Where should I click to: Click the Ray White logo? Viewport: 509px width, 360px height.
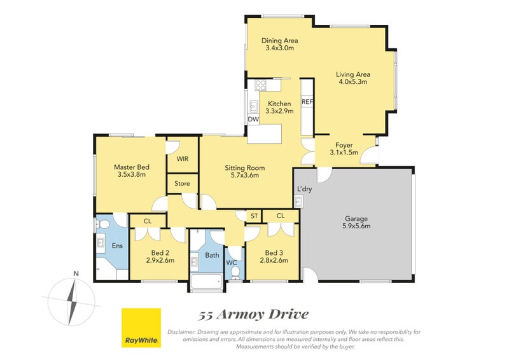click(141, 328)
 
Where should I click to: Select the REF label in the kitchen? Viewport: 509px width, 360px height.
click(307, 102)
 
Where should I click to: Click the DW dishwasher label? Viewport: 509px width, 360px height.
click(253, 119)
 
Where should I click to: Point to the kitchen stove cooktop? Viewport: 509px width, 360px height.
click(261, 85)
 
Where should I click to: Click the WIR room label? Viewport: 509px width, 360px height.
click(182, 159)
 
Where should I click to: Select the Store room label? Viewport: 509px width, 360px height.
click(182, 184)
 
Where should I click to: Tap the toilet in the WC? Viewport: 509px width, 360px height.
click(235, 273)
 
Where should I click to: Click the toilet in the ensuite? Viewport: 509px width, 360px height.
click(103, 225)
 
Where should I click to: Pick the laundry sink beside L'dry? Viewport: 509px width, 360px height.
click(298, 202)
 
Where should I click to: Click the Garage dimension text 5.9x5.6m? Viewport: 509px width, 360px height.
click(356, 226)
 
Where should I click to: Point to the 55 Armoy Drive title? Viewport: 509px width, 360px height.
click(253, 314)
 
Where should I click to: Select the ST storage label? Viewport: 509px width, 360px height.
click(254, 216)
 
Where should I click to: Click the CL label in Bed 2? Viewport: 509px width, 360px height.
click(147, 221)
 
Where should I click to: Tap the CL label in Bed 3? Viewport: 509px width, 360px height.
click(281, 216)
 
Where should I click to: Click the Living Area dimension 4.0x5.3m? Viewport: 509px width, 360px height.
click(353, 81)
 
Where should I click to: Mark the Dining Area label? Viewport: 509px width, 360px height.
click(279, 41)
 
